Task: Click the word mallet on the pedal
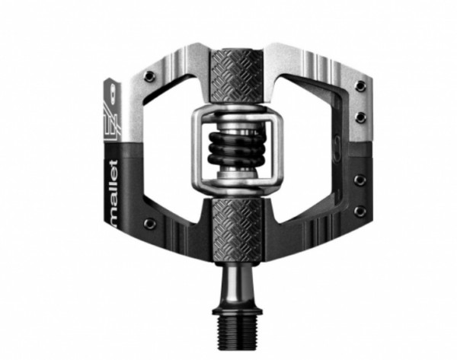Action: pos(113,193)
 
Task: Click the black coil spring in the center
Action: pos(236,148)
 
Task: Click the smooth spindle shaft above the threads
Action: pos(237,285)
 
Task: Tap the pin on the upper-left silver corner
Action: pos(149,76)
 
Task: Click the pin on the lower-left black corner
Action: pos(149,223)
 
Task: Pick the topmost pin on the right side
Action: pos(361,85)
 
